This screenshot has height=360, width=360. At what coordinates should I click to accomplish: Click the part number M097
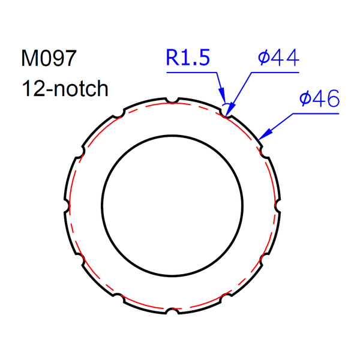49,59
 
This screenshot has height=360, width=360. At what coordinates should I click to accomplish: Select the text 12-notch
65,89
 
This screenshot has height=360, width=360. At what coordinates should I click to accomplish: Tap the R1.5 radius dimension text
188,59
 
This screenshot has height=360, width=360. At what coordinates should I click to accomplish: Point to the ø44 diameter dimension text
277,58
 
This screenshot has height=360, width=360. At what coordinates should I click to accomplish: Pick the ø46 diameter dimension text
319,98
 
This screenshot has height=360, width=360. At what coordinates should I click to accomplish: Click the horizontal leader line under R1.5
191,73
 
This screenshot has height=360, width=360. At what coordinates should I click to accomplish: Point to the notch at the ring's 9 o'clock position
66,205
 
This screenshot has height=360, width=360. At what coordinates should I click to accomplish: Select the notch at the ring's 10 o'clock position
80,152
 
